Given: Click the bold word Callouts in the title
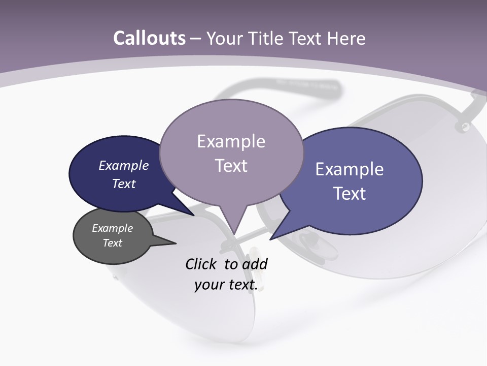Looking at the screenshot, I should (x=149, y=38).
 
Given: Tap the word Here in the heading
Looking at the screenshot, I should (x=346, y=38).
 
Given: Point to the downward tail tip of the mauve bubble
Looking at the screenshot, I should (x=234, y=235).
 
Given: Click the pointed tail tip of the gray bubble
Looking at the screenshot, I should (x=176, y=243).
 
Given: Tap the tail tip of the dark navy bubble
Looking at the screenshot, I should (x=194, y=216).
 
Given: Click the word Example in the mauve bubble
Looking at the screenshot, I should (x=231, y=141).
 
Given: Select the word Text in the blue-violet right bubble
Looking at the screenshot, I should (x=350, y=194).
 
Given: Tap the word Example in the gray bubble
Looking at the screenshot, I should (x=113, y=228).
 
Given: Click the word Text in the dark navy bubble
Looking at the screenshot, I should (x=124, y=184).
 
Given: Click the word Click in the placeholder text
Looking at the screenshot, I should (x=201, y=264).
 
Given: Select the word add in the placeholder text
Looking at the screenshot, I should (x=255, y=264).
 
